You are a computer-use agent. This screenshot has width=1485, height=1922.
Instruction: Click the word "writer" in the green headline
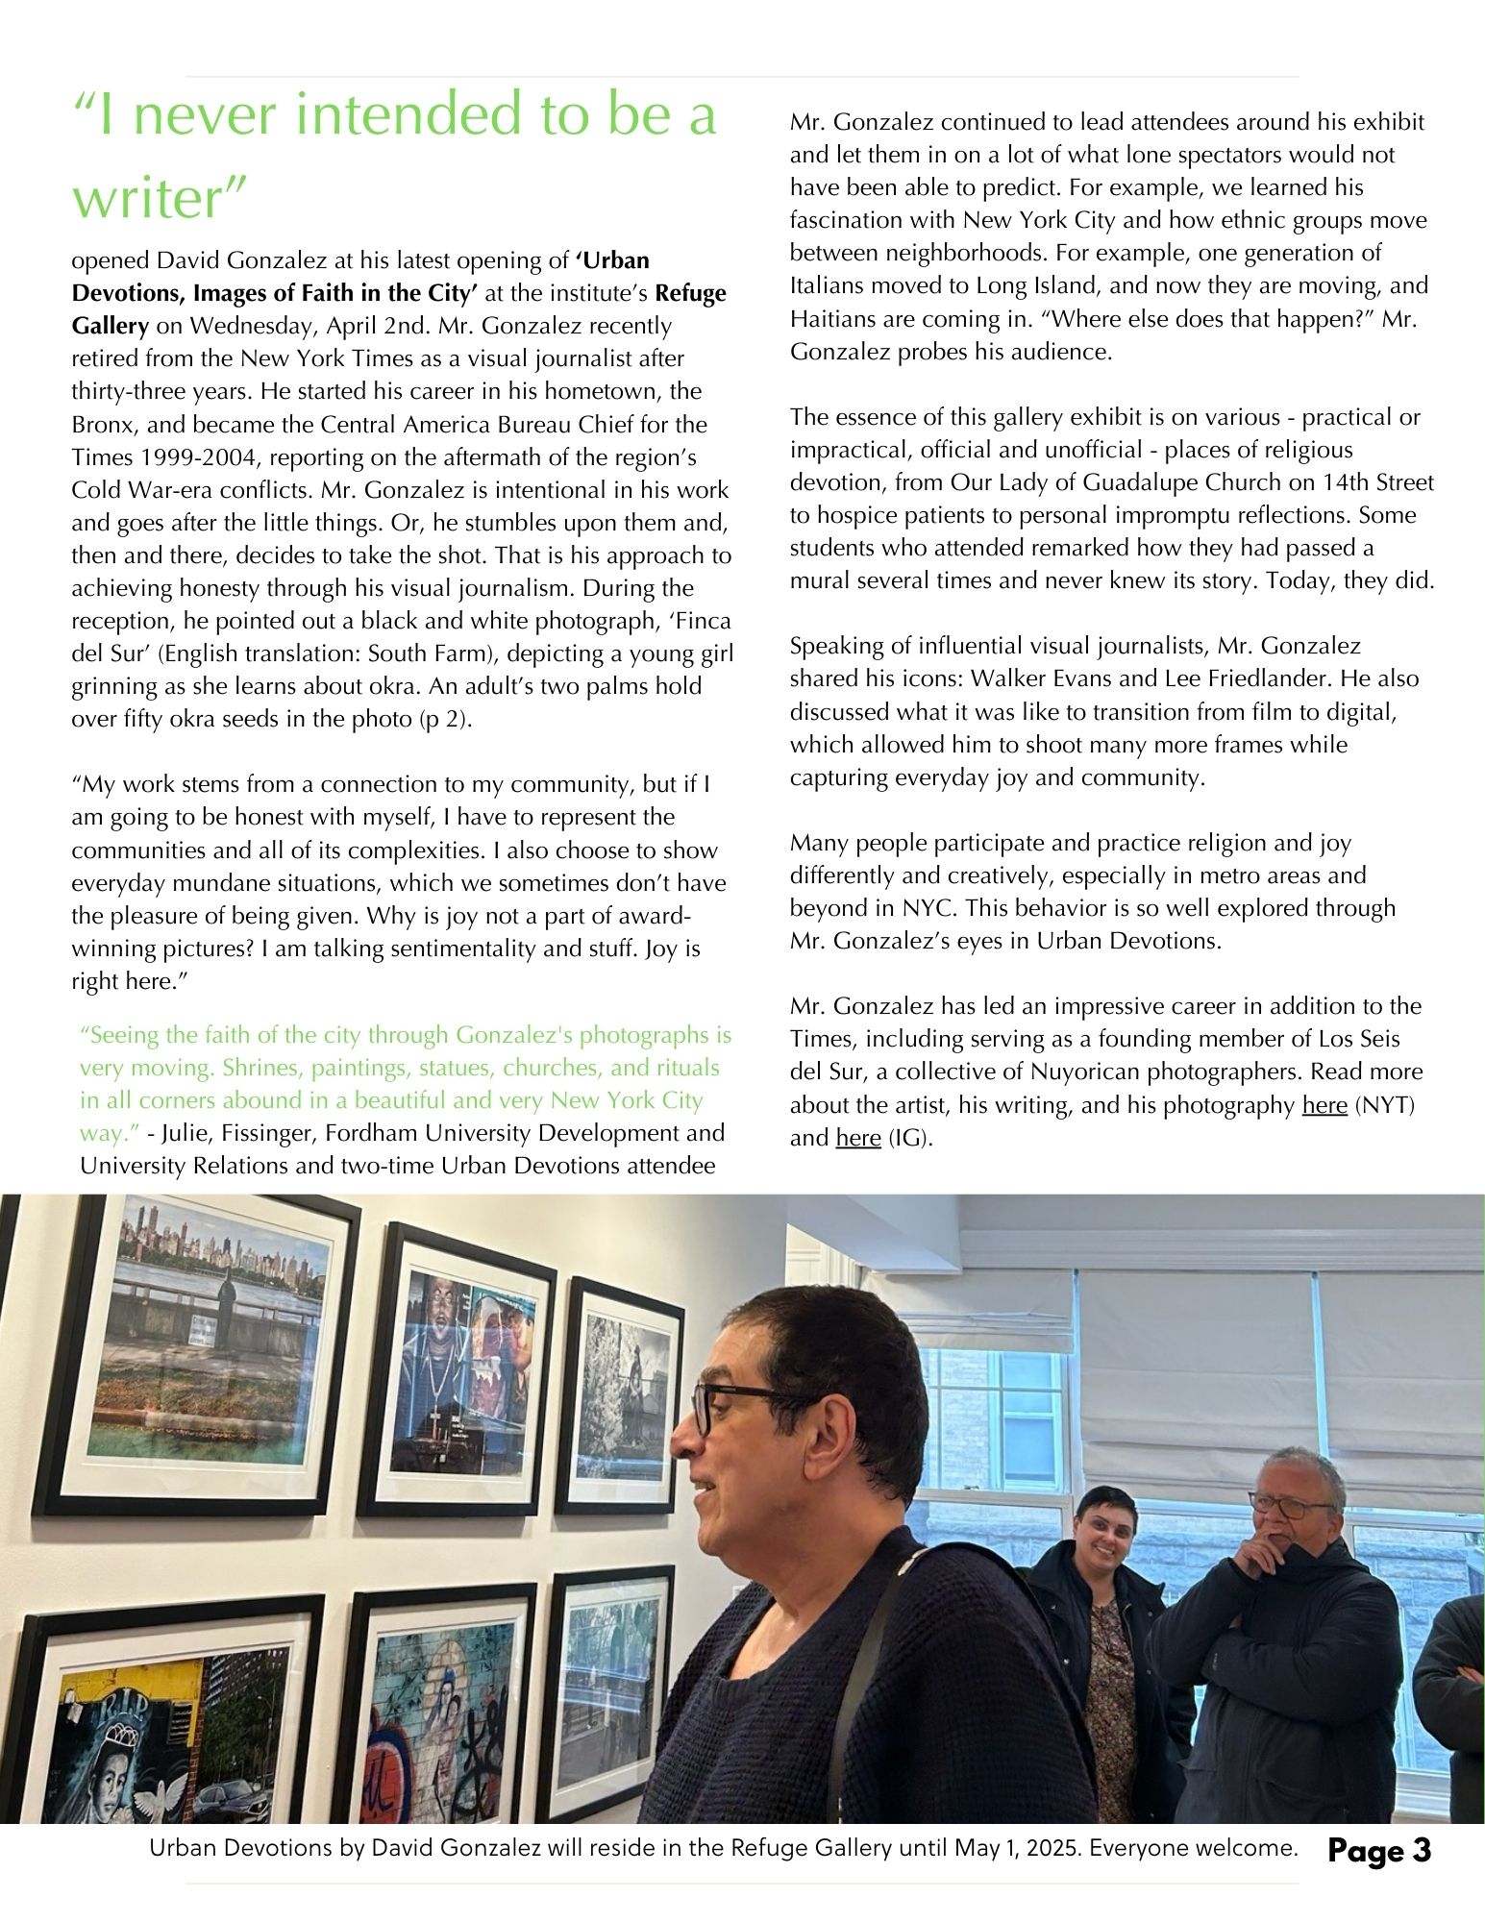160,198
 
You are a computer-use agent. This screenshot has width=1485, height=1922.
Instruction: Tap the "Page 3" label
1378,1850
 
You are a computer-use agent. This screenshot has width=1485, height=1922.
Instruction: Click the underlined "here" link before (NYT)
1324,1105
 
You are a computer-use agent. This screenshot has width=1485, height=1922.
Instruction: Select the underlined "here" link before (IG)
858,1138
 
